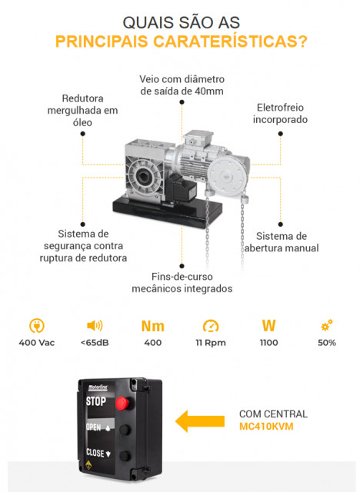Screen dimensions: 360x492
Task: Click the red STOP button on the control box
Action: click(122, 403)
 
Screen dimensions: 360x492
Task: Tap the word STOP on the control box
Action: click(95, 401)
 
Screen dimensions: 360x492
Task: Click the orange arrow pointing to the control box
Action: click(200, 421)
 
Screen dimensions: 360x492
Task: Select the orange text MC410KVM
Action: click(266, 427)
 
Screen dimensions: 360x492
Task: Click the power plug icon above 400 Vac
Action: click(37, 326)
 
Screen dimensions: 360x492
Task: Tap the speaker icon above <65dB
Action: click(95, 326)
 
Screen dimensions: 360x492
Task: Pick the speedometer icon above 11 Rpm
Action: click(211, 326)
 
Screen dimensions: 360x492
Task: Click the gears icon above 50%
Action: click(327, 325)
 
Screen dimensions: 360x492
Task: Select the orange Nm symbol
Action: click(153, 326)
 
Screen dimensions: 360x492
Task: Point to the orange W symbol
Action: click(268, 326)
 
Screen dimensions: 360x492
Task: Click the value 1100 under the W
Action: click(268, 343)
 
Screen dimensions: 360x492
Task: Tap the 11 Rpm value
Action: click(211, 343)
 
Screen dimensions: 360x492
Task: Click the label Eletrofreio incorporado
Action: click(280, 113)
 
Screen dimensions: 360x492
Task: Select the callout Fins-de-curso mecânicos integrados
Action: click(182, 282)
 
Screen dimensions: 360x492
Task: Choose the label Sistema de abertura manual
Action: click(282, 242)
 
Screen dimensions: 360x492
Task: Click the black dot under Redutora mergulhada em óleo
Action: click(82, 134)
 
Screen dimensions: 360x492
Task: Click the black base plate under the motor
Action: click(167, 211)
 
